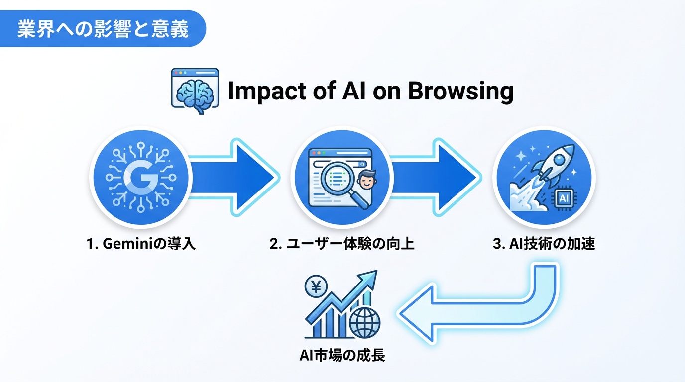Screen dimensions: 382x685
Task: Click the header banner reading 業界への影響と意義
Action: pyautogui.click(x=103, y=29)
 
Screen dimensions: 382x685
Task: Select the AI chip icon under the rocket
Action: pyautogui.click(x=564, y=198)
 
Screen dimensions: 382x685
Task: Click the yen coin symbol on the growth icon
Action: pyautogui.click(x=315, y=287)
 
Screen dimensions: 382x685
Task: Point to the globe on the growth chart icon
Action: pyautogui.click(x=365, y=323)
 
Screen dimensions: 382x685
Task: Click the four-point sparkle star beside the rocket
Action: pyautogui.click(x=522, y=156)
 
